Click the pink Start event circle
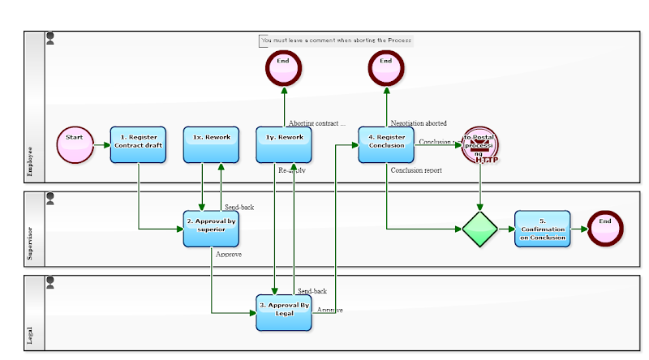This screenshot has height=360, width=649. [x=75, y=145]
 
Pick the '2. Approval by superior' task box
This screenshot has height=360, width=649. [x=211, y=229]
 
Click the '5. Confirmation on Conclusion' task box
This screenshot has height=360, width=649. [x=542, y=229]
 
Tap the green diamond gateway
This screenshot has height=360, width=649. [x=480, y=229]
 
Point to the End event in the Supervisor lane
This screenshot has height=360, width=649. [x=605, y=229]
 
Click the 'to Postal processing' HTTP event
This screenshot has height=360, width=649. [x=479, y=145]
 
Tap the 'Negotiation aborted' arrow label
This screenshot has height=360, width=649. [x=419, y=123]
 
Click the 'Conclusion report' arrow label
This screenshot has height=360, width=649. [x=415, y=171]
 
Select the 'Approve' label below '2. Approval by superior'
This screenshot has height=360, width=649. [x=229, y=255]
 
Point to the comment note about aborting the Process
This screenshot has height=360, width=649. [x=336, y=40]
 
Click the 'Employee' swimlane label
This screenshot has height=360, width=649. [x=31, y=161]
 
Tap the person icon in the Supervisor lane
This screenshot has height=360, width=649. [x=50, y=198]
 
